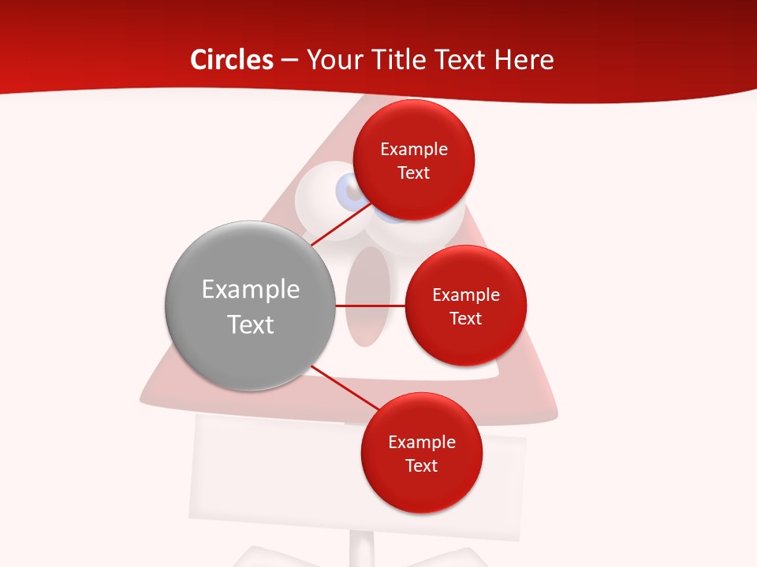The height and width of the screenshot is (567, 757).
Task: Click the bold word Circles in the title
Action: click(x=231, y=60)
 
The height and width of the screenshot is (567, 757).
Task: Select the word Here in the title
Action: click(x=524, y=60)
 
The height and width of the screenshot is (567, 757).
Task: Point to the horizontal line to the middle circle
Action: click(x=370, y=306)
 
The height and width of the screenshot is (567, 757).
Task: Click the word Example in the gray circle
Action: click(x=250, y=290)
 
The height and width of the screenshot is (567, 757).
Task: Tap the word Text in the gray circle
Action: click(x=250, y=324)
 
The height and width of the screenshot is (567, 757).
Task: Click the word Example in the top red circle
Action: click(x=413, y=150)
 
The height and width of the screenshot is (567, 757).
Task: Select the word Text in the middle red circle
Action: click(x=465, y=318)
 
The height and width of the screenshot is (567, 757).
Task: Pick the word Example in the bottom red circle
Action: click(x=421, y=443)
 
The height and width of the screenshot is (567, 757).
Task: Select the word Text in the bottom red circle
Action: click(x=421, y=466)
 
